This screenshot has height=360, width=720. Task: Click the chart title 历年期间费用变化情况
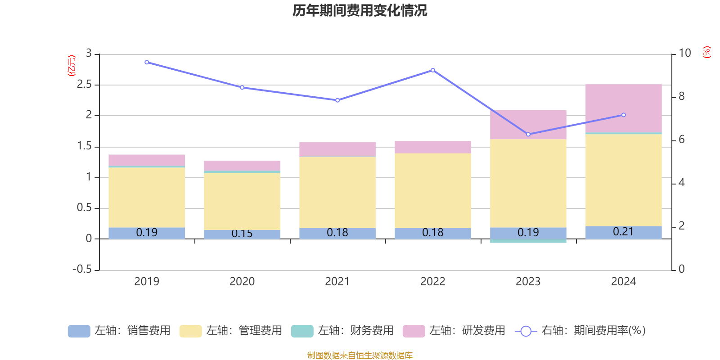360,11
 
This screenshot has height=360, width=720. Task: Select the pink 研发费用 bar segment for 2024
623,108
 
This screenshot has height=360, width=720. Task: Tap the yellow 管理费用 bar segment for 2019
147,197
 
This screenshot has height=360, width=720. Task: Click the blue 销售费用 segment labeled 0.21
623,232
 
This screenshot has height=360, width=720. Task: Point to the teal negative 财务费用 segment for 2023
528,241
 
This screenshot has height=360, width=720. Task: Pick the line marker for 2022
433,70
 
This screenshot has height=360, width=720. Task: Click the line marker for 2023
528,134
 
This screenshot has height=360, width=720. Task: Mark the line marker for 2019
147,62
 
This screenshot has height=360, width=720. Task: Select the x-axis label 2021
337,282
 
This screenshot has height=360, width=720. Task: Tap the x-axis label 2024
623,282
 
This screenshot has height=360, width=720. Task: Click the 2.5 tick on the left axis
84,85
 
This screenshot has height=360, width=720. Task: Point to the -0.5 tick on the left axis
82,269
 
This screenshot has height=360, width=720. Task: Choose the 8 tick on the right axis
681,96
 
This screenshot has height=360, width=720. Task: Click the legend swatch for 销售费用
79,331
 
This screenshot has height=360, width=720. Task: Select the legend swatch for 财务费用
302,331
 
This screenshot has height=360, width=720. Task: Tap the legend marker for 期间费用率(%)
526,331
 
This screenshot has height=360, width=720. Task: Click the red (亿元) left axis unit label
72,66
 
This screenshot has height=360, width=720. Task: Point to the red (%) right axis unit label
706,52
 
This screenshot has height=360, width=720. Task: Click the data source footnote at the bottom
360,355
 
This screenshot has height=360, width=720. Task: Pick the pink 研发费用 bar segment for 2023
528,124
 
